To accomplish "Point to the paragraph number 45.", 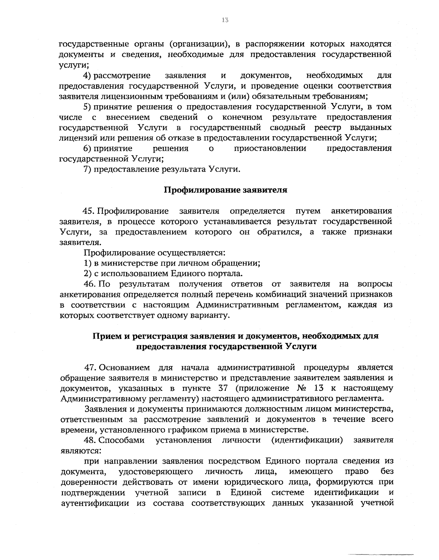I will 90,211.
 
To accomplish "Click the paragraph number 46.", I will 90,284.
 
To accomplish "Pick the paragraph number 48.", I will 90,440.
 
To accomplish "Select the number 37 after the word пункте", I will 224,388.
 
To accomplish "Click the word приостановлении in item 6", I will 270,149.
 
